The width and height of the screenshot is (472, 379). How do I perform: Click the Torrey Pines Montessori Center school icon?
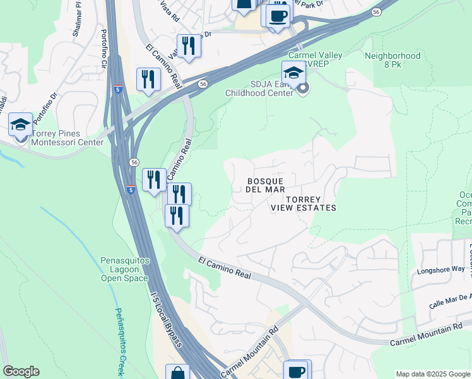pyautogui.click(x=21, y=125)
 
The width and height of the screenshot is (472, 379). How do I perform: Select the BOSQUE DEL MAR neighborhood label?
pyautogui.click(x=266, y=185)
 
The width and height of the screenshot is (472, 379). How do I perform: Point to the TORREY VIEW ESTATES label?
pyautogui.click(x=303, y=203)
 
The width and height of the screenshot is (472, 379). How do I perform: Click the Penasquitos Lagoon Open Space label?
pyautogui.click(x=124, y=269)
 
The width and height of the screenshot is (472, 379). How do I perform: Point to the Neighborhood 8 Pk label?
pyautogui.click(x=392, y=60)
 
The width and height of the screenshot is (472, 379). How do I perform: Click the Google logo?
pyautogui.click(x=21, y=371)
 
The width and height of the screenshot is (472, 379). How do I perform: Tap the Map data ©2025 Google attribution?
pyautogui.click(x=433, y=374)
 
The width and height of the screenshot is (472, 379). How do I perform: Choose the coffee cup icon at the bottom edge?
pyautogui.click(x=295, y=370)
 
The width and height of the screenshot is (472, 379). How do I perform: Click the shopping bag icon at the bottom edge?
pyautogui.click(x=177, y=373)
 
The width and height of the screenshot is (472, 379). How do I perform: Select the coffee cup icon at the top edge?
pyautogui.click(x=276, y=15)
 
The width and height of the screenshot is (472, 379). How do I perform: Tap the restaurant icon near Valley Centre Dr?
pyautogui.click(x=188, y=46)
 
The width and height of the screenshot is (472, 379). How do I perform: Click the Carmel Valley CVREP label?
pyautogui.click(x=316, y=60)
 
